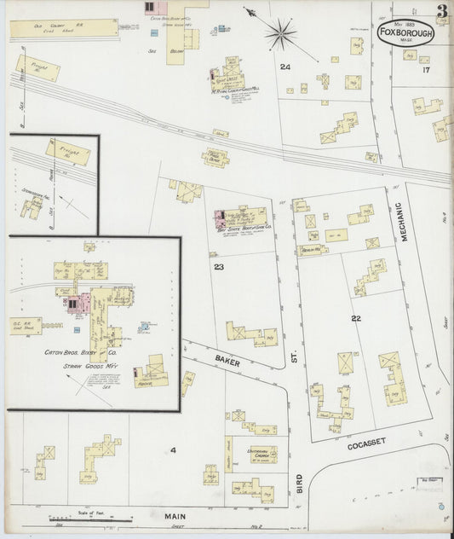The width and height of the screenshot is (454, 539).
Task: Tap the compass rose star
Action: click(x=279, y=35)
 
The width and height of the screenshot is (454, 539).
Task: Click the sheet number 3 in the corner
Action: click(x=442, y=12)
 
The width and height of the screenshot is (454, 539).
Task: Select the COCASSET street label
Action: click(x=367, y=443)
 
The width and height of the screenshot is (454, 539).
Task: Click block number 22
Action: click(x=355, y=318)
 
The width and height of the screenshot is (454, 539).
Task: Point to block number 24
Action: click(x=284, y=67)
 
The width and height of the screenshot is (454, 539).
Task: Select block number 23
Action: click(x=219, y=268)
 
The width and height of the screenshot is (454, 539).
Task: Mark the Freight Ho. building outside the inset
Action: click(x=32, y=67)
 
